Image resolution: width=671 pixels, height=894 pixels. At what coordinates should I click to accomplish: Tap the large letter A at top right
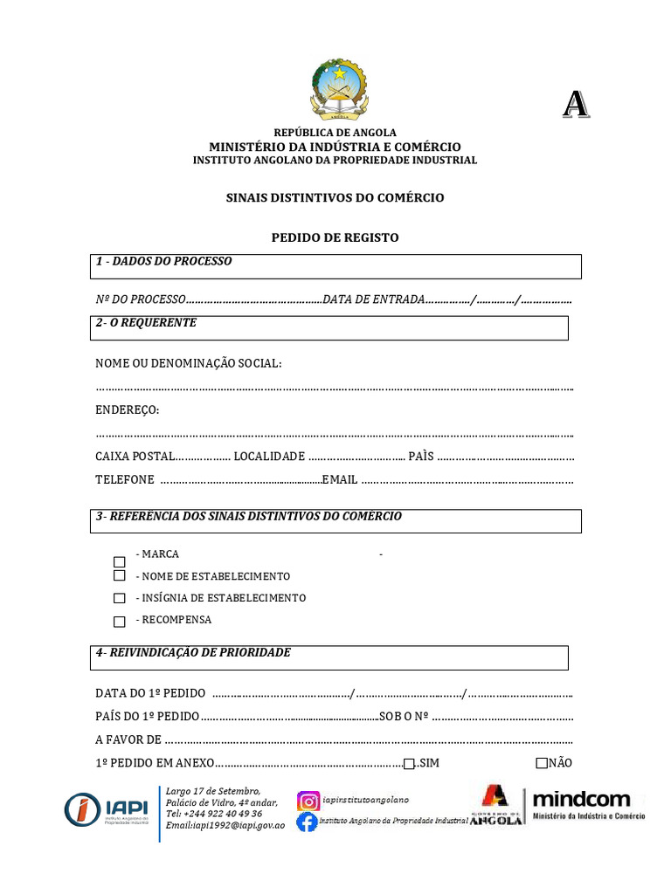click(x=575, y=105)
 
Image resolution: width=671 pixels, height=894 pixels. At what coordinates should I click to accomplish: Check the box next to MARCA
click(x=120, y=561)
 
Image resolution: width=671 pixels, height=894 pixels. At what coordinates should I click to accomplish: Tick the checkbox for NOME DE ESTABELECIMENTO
click(x=120, y=576)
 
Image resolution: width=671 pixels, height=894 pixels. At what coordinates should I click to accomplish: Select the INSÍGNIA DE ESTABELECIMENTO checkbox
click(x=120, y=599)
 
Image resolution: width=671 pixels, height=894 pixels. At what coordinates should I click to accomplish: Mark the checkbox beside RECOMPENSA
click(x=120, y=622)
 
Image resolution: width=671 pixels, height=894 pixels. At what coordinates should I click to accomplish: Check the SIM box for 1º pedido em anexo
click(x=409, y=764)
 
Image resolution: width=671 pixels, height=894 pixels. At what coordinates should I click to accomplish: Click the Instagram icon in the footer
click(x=308, y=801)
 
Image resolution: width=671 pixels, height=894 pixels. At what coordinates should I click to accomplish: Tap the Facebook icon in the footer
click(x=307, y=822)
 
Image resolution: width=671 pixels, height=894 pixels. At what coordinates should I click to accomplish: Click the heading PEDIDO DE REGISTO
click(x=335, y=237)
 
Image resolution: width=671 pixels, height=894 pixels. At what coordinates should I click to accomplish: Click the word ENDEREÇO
click(x=127, y=410)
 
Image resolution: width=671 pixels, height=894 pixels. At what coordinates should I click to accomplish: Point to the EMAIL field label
click(x=340, y=478)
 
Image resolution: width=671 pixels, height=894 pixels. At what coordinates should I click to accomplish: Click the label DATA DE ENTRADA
click(x=373, y=299)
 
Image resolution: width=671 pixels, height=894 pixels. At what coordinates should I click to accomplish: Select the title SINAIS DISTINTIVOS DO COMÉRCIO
click(x=335, y=198)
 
